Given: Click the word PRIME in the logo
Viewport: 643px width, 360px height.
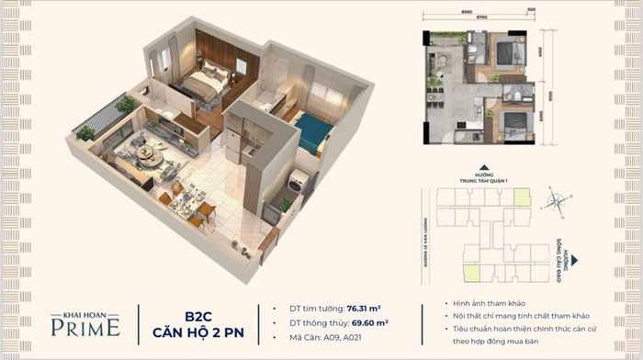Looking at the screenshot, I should tap(86, 326).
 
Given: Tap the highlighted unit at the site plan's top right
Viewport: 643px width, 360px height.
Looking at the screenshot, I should tap(521, 197).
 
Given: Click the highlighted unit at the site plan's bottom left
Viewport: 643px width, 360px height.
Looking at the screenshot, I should tap(470, 271).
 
